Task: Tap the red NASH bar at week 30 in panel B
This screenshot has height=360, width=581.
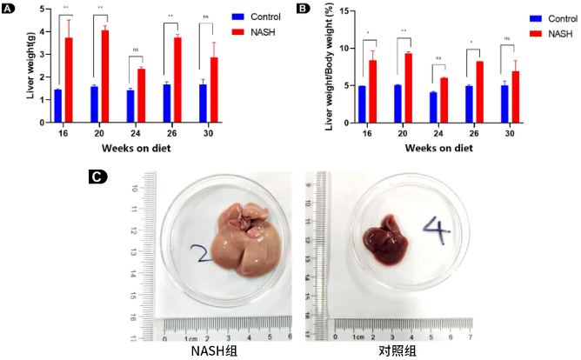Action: click(x=516, y=97)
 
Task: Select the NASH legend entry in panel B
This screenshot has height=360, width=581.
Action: click(x=551, y=33)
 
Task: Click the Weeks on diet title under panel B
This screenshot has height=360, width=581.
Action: click(x=431, y=149)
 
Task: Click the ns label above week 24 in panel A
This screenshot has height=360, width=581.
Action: click(x=136, y=50)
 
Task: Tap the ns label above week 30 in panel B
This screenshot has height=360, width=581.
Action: click(x=507, y=38)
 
